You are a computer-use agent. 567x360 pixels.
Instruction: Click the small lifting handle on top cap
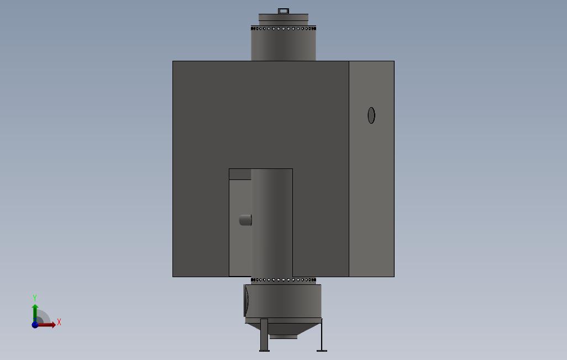click(x=283, y=11)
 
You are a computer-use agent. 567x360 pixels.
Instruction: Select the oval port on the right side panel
click(x=371, y=115)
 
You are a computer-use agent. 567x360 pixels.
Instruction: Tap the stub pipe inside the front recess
click(x=245, y=220)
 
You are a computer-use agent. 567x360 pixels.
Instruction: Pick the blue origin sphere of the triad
click(x=35, y=325)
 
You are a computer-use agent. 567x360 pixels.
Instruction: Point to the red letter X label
click(x=59, y=322)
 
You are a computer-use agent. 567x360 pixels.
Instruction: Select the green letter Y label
click(x=35, y=298)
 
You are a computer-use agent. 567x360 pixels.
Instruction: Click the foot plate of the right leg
click(x=322, y=350)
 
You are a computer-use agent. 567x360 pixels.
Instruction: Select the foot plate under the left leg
click(x=264, y=350)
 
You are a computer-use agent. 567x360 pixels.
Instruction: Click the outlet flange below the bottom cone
click(x=283, y=336)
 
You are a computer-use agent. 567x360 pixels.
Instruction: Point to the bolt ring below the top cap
click(x=283, y=28)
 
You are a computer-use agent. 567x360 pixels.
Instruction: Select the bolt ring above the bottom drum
click(x=283, y=280)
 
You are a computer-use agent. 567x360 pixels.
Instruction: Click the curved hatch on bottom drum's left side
click(x=246, y=300)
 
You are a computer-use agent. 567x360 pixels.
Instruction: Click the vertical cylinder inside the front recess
click(x=272, y=221)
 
